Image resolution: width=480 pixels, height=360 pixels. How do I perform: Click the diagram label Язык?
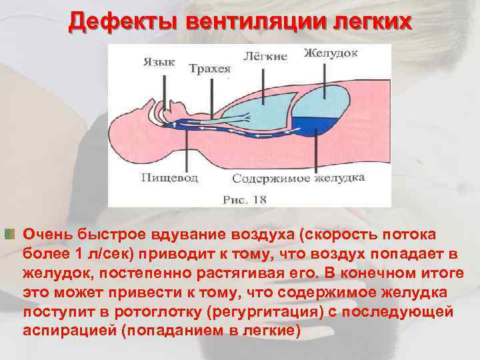coord(159,62)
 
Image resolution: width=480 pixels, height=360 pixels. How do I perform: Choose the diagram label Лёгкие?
coord(266,56)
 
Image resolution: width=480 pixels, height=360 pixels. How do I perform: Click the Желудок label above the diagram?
coord(331,52)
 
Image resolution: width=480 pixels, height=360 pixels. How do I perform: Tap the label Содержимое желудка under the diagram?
coord(299,179)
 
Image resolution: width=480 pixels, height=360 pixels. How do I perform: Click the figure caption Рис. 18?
coord(245,199)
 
